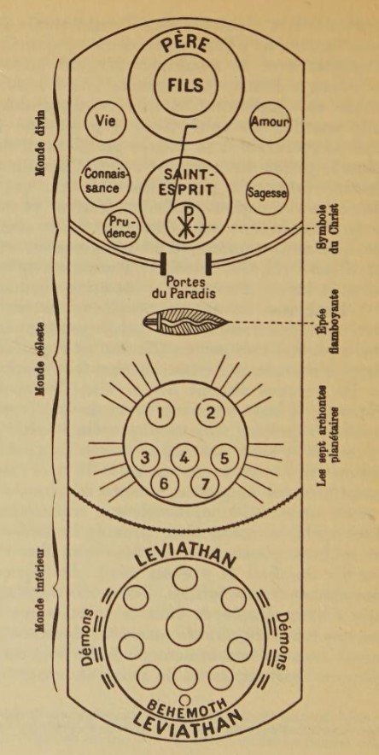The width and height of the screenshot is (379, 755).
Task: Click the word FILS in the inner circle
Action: pos(185,85)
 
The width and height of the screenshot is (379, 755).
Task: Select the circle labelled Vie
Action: pos(105,121)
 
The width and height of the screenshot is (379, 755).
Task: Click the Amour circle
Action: pos(271,123)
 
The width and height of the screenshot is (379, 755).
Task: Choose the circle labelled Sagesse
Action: pos(267,194)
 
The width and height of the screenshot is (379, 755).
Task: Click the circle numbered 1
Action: pos(160,413)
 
